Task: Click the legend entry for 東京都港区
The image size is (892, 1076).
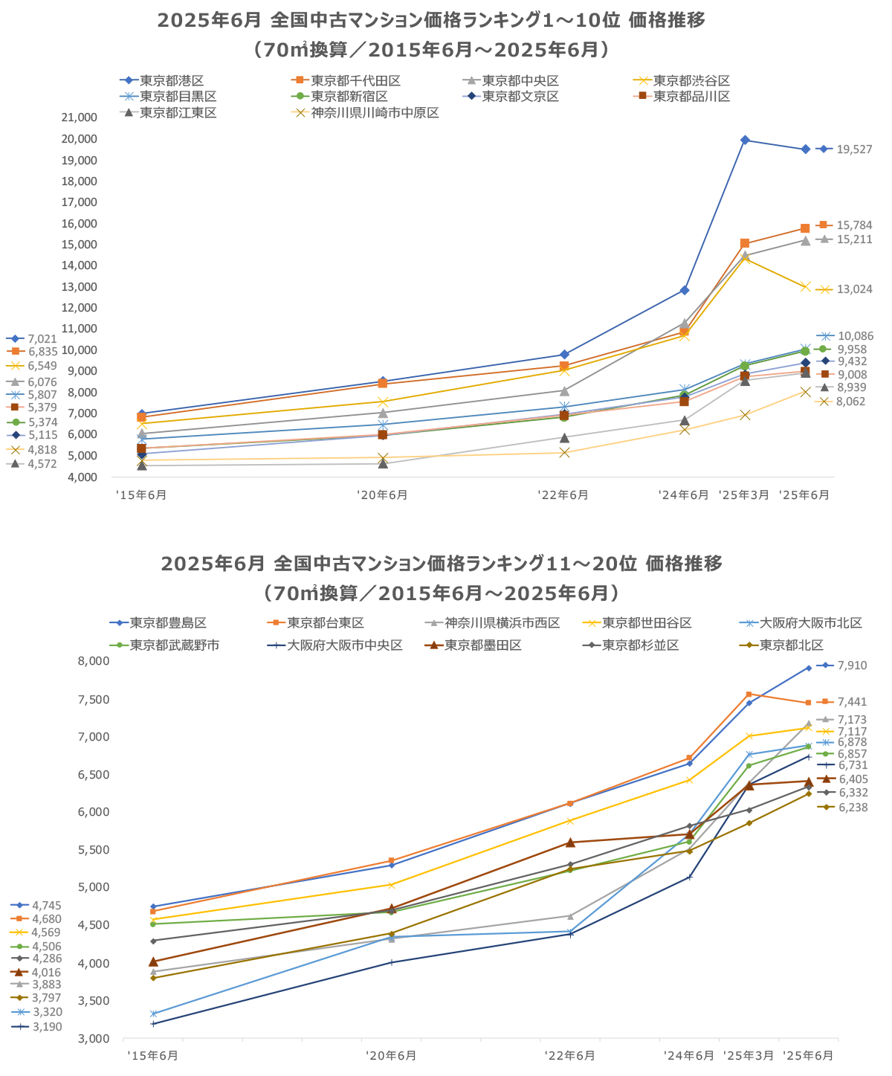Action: tap(171, 80)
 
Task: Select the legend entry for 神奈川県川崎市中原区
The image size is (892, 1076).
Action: tap(375, 113)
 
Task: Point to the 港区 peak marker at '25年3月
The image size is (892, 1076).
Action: tap(745, 140)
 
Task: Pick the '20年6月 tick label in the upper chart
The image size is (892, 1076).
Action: tap(382, 495)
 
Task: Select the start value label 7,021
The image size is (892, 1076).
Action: tap(42, 339)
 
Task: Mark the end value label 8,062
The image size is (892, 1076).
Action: tap(851, 402)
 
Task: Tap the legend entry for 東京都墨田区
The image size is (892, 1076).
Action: tap(483, 645)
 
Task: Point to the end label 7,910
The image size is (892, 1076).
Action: tap(852, 666)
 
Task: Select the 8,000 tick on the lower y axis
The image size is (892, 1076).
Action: tap(95, 661)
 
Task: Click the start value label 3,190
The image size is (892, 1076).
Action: tap(47, 1027)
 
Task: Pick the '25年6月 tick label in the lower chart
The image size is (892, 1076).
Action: tap(808, 1056)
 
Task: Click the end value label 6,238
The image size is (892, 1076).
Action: tap(853, 807)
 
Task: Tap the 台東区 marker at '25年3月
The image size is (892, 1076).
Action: tap(749, 694)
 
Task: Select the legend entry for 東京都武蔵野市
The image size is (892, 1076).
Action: tap(175, 645)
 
